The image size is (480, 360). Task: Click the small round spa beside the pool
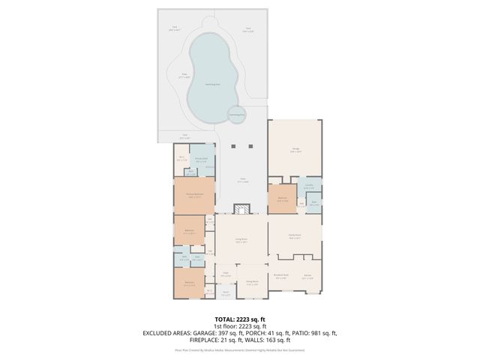(x=237, y=115)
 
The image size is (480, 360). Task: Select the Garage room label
(x=295, y=149)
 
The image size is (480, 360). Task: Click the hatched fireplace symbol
(x=242, y=211)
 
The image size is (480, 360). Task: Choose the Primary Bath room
(x=201, y=159)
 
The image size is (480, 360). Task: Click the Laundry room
(x=309, y=186)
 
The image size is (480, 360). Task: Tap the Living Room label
(x=241, y=240)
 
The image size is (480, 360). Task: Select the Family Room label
(x=295, y=235)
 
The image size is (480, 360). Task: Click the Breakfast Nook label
(x=282, y=275)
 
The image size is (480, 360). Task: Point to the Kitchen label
(x=307, y=275)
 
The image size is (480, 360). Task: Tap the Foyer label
(x=225, y=274)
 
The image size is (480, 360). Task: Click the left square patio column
(x=233, y=145)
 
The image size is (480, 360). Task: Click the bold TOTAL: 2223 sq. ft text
(x=239, y=319)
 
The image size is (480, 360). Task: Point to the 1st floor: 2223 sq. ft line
(x=239, y=326)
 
